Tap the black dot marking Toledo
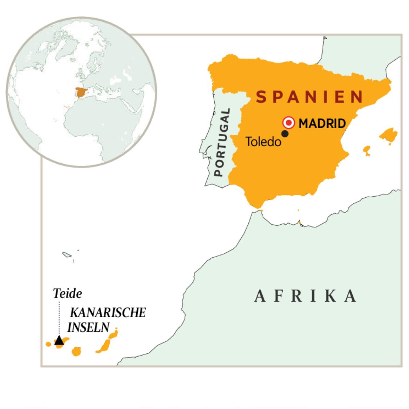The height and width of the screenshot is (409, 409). pos(285,134)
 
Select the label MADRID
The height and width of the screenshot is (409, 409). pos(322,123)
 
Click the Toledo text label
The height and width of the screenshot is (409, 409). pos(263,142)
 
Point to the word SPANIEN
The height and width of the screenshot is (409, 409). pos(309,97)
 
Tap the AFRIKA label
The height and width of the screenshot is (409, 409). pos(305,296)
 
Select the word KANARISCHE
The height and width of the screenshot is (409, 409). pos(108,313)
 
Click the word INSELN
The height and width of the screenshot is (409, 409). pos(88,328)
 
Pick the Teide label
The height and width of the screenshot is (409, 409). pos(67,293)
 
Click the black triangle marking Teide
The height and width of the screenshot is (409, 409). pos(59,340)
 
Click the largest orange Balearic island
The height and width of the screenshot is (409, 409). pos(389,135)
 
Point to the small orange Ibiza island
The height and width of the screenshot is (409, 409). pos(367,150)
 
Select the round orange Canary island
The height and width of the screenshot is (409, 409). pos(77,351)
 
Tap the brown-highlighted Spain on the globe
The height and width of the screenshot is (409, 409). pos(81,92)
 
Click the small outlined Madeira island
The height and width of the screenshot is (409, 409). pos(66,254)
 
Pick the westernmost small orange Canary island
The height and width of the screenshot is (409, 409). pos(48,344)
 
